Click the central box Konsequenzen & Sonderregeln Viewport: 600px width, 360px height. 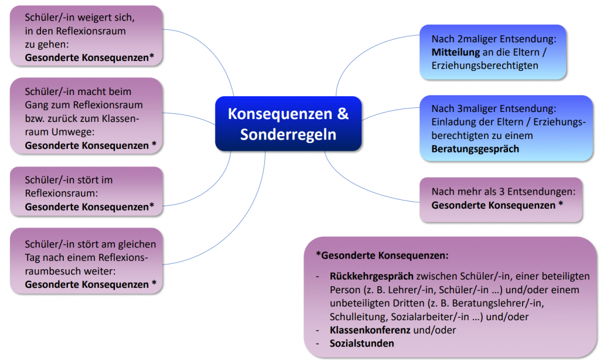(x=288, y=124)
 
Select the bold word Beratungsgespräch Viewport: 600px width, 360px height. (x=475, y=149)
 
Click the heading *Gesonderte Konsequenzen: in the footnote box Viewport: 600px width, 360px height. (x=382, y=256)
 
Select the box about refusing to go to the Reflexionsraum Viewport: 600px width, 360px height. (x=86, y=35)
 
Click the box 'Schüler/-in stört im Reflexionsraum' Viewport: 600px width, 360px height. (x=86, y=192)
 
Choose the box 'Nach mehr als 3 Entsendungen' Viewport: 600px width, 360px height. (x=501, y=199)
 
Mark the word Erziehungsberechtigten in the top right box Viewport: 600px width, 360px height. (x=485, y=66)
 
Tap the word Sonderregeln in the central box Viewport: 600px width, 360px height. (x=288, y=134)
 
